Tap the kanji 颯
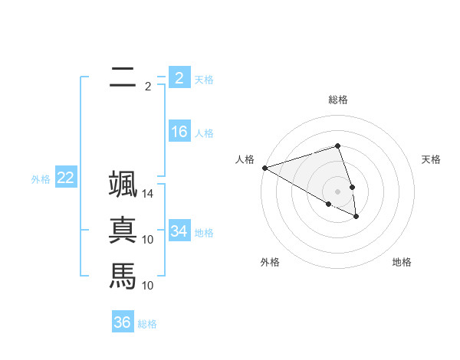(123, 186)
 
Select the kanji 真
(123, 231)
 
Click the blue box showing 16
(179, 132)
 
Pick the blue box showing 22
(66, 178)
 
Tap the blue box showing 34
(179, 231)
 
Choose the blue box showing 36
(123, 322)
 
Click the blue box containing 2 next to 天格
(179, 77)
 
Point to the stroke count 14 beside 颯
(148, 195)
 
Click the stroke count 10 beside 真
(148, 240)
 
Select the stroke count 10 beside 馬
(148, 286)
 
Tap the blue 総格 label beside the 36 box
(147, 324)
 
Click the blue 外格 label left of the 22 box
(41, 179)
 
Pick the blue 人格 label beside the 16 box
(204, 133)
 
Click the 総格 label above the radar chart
(337, 100)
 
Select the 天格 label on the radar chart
(432, 159)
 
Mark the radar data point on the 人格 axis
(264, 167)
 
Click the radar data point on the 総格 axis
(337, 146)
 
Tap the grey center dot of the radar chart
(337, 191)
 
